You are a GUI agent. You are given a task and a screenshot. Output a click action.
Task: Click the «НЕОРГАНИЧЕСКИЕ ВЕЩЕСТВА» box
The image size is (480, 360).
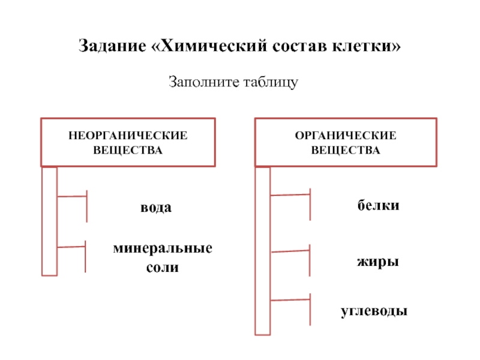tap(128, 142)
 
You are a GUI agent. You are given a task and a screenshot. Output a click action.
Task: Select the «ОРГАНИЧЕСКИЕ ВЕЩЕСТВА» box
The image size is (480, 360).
tap(345, 142)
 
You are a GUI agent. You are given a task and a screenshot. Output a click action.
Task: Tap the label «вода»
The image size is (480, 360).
tap(156, 208)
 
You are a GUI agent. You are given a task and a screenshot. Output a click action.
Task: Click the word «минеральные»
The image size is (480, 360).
tap(163, 249)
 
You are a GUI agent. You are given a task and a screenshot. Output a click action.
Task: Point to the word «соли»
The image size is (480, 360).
tap(163, 268)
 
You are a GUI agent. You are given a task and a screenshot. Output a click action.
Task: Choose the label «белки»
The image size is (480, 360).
tap(379, 206)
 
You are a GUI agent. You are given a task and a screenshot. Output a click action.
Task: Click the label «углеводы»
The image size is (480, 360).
tap(374, 311)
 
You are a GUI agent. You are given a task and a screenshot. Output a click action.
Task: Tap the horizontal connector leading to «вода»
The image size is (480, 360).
tap(72, 196)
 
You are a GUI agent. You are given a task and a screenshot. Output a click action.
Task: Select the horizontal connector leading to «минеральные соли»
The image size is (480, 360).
tap(72, 247)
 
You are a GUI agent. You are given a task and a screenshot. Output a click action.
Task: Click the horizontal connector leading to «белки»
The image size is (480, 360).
tap(290, 194)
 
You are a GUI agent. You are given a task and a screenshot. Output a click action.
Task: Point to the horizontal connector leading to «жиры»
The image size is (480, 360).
tap(290, 251)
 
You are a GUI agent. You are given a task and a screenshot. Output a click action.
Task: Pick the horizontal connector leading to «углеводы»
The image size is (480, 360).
tap(290, 299)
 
